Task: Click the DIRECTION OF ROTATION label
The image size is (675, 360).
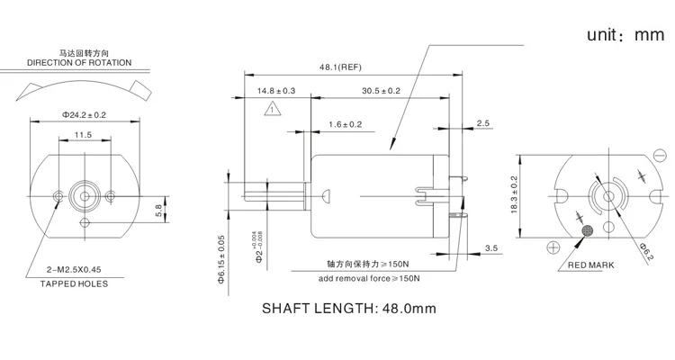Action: [x=79, y=63]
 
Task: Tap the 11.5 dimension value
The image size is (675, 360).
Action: [x=84, y=135]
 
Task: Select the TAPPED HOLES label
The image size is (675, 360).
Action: [x=74, y=283]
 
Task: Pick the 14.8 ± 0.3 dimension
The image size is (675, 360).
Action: [x=276, y=91]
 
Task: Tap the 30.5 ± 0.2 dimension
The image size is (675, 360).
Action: [x=382, y=91]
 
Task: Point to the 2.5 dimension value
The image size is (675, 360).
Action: [x=482, y=122]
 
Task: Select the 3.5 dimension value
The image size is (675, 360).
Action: [x=491, y=247]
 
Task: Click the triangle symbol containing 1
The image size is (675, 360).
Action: [x=271, y=110]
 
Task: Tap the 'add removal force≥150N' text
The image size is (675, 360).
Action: [x=369, y=278]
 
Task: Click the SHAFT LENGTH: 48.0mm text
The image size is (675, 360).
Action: [x=348, y=308]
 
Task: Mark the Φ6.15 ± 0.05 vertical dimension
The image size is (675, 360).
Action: [x=221, y=258]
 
